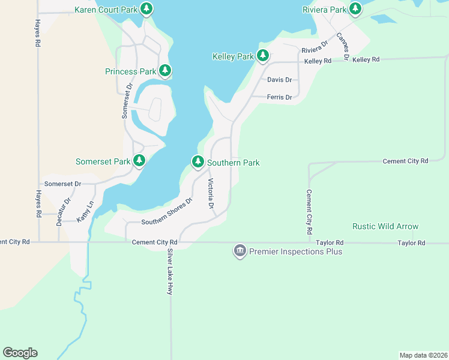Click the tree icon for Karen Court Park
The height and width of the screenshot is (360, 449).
pyautogui.click(x=146, y=9)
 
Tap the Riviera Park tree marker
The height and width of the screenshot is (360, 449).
pyautogui.click(x=355, y=9)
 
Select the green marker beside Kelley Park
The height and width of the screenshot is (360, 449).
pyautogui.click(x=262, y=56)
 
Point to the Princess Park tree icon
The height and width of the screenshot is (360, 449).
pyautogui.click(x=165, y=71)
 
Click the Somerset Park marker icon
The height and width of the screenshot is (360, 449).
pyautogui.click(x=139, y=161)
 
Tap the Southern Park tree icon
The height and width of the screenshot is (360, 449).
pyautogui.click(x=198, y=162)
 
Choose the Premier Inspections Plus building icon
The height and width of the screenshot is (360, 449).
pyautogui.click(x=240, y=251)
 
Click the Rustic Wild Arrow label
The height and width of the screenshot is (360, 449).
pyautogui.click(x=385, y=226)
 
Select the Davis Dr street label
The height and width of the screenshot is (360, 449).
pyautogui.click(x=279, y=79)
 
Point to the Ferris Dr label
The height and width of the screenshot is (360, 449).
pyautogui.click(x=279, y=97)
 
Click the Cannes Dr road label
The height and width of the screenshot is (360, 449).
pyautogui.click(x=342, y=46)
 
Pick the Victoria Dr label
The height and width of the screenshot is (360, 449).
pyautogui.click(x=211, y=194)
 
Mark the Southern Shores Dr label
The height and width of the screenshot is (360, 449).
pyautogui.click(x=166, y=212)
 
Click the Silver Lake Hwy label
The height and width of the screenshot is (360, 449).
pyautogui.click(x=170, y=271)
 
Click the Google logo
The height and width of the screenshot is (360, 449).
pyautogui.click(x=20, y=353)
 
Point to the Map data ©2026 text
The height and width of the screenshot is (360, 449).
pyautogui.click(x=423, y=355)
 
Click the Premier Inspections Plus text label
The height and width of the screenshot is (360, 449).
pyautogui.click(x=295, y=251)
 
